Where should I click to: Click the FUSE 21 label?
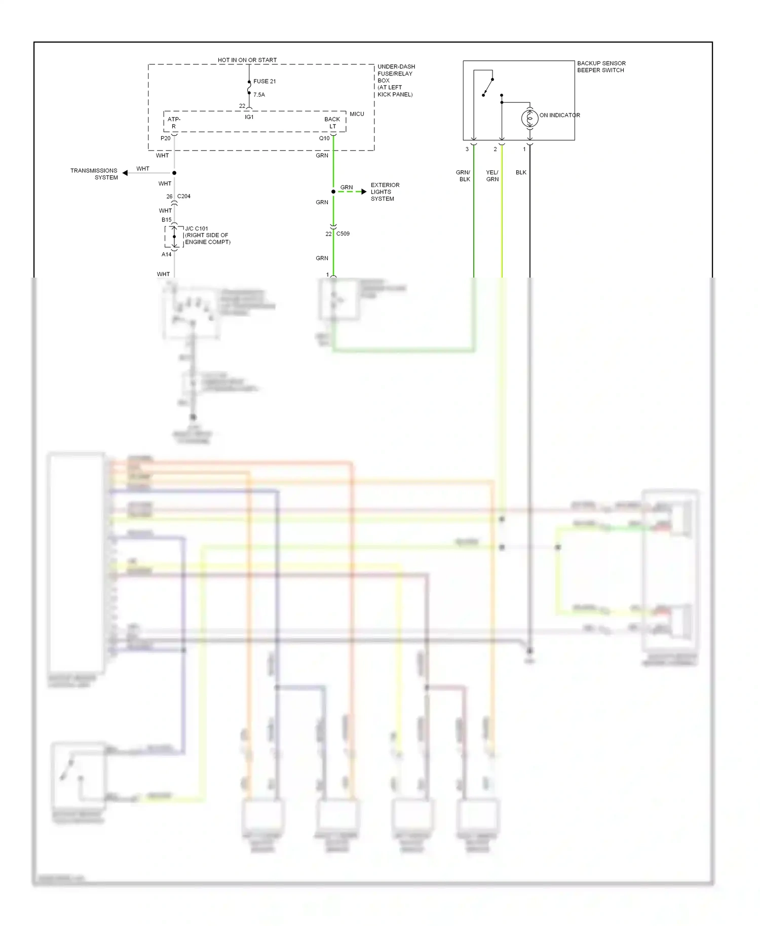pyautogui.click(x=264, y=81)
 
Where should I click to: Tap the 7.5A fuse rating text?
pyautogui.click(x=259, y=95)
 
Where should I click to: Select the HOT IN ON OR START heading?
pyautogui.click(x=247, y=60)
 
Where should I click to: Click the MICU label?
pyautogui.click(x=357, y=114)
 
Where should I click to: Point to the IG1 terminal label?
pyautogui.click(x=249, y=117)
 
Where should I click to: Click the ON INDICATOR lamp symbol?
pyautogui.click(x=529, y=118)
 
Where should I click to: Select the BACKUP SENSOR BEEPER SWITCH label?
pyautogui.click(x=601, y=67)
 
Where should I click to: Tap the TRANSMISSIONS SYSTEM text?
pyautogui.click(x=94, y=174)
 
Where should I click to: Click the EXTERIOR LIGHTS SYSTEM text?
pyautogui.click(x=385, y=192)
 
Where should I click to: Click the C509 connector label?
pyautogui.click(x=343, y=234)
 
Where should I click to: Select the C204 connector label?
pyautogui.click(x=184, y=196)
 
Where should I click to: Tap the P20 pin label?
pyautogui.click(x=165, y=138)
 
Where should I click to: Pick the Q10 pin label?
pyautogui.click(x=324, y=138)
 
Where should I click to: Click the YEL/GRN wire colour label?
pyautogui.click(x=492, y=176)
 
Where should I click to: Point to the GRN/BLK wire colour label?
pyautogui.click(x=463, y=176)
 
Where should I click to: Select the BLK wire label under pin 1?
pyautogui.click(x=521, y=172)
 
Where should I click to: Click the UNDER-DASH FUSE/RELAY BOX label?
pyautogui.click(x=395, y=81)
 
